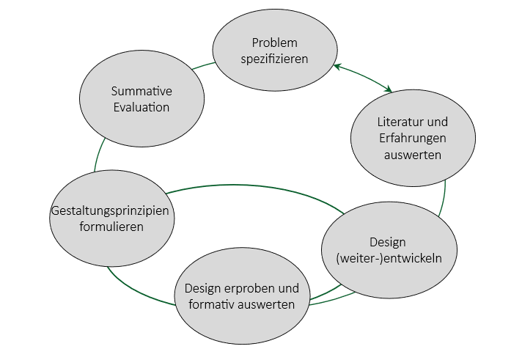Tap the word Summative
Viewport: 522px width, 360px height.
[141, 92]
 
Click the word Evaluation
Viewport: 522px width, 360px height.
[141, 107]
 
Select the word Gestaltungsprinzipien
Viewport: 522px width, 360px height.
[110, 211]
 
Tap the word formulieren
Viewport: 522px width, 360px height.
[112, 227]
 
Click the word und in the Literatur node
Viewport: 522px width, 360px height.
[438, 122]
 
